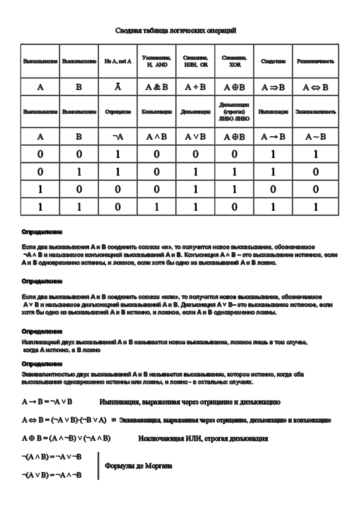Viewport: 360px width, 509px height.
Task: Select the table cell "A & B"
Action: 157,87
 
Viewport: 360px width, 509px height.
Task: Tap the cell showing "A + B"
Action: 195,87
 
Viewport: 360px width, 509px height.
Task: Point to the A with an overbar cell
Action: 118,87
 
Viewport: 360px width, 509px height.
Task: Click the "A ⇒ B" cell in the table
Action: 273,87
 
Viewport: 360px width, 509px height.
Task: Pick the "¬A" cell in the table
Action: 118,137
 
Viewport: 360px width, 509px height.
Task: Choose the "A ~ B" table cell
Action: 315,137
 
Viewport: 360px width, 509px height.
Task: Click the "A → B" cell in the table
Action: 273,137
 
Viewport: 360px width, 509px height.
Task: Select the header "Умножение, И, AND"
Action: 157,61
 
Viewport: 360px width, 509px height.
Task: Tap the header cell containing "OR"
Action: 195,61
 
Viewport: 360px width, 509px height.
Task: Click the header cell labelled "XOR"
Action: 234,61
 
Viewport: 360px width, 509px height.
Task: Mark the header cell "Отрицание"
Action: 118,112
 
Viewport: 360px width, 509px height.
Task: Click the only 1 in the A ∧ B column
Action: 157,207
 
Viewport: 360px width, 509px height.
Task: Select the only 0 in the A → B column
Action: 273,189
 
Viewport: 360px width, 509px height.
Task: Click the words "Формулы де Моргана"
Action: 139,465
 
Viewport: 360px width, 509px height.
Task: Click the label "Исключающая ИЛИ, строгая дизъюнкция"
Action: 203,438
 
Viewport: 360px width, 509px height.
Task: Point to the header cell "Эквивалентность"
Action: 315,112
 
